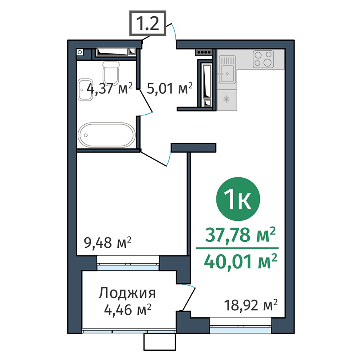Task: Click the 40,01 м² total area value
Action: coord(241,262)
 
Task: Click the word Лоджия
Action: coord(127,293)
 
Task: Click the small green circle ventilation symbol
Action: coord(80,52)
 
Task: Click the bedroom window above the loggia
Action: coord(129,265)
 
